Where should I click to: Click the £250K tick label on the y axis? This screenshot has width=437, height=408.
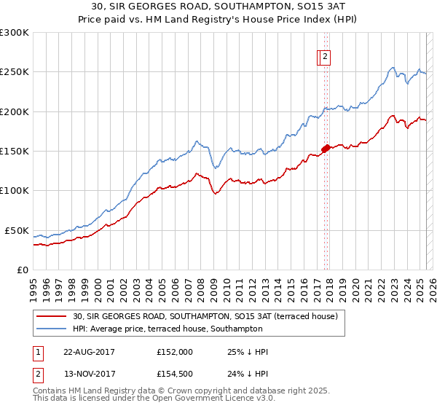pos(15,72)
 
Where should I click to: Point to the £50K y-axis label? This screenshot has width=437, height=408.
pos(17,230)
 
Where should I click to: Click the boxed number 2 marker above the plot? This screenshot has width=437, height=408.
pos(325,58)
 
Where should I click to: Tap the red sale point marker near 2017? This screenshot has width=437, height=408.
pos(325,148)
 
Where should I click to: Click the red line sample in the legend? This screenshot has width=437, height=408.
pos(52,317)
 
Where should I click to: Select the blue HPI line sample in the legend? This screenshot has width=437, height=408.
pos(52,329)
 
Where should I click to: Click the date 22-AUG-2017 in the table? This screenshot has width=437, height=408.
pos(89,352)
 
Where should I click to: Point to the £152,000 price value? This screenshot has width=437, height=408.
pos(175,352)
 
